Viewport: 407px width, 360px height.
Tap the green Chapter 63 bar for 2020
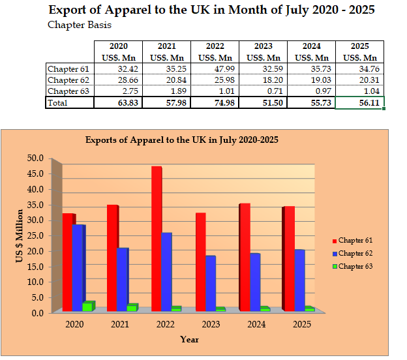(x=87, y=307)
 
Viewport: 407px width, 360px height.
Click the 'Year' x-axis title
(x=190, y=339)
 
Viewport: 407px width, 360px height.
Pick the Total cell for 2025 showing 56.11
(x=360, y=103)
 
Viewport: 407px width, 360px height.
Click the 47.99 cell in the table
(x=215, y=68)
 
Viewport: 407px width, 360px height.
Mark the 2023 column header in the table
(x=263, y=47)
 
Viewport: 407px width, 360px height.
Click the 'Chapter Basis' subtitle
(x=80, y=25)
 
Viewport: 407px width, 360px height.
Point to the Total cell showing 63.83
(x=119, y=103)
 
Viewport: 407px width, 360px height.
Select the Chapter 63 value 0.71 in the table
(x=264, y=91)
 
